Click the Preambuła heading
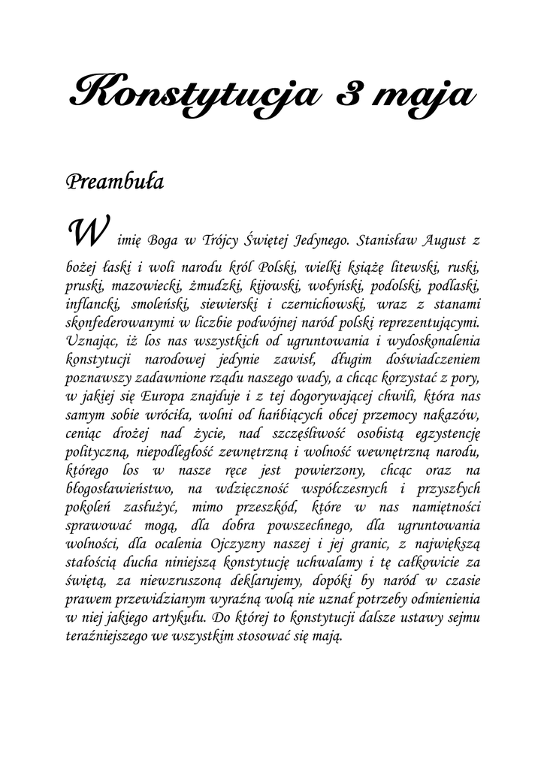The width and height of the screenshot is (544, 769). [115, 182]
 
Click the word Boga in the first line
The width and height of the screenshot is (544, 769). [162, 240]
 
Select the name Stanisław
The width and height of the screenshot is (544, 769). [387, 240]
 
